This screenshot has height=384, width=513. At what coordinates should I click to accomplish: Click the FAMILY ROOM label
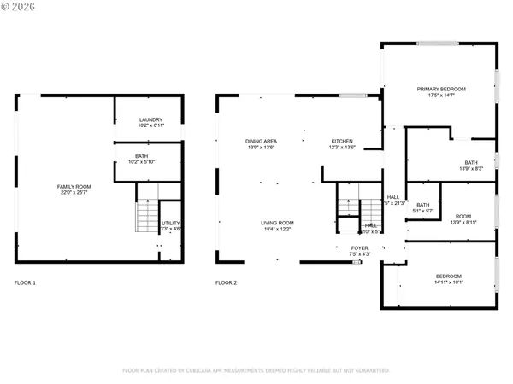(x=74, y=186)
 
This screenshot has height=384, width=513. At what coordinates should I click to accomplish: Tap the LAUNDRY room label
(x=150, y=119)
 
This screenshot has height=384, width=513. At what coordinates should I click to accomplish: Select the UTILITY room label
(x=170, y=224)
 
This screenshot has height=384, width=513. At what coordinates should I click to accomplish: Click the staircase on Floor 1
(x=147, y=217)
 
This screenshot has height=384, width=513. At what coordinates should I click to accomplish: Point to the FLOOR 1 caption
(x=26, y=282)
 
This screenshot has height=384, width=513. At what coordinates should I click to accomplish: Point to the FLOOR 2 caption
(x=226, y=282)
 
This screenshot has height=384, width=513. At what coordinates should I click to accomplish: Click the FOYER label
(x=360, y=248)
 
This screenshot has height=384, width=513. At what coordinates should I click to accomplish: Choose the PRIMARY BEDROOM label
(x=441, y=89)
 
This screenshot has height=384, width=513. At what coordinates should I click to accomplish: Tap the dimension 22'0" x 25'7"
(x=74, y=193)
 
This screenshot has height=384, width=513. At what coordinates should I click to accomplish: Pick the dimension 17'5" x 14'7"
(x=441, y=96)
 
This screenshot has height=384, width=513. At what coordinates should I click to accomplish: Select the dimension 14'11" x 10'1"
(x=449, y=282)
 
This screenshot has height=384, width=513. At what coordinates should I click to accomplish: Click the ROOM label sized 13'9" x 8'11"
(x=463, y=217)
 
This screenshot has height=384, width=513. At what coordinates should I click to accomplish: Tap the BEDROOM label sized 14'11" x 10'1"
(x=449, y=276)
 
